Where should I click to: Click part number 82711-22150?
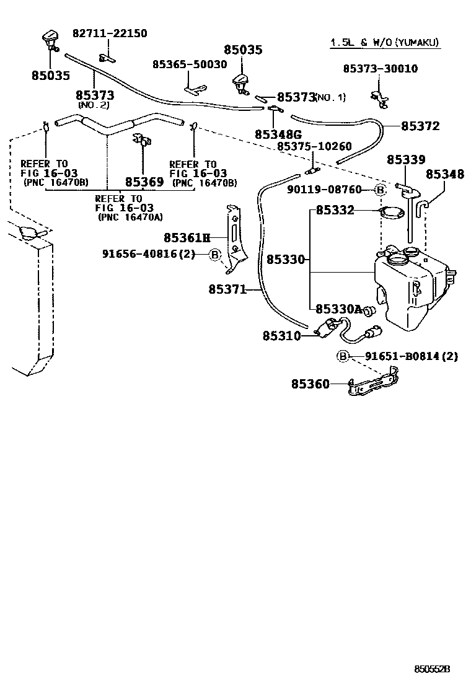click(x=110, y=33)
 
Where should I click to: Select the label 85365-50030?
click(x=190, y=64)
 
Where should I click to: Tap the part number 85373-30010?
click(x=380, y=69)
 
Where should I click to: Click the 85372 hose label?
click(x=420, y=126)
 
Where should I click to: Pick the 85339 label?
click(x=406, y=159)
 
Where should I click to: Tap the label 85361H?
click(x=187, y=237)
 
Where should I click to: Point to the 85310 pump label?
click(x=281, y=336)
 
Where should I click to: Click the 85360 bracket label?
click(x=310, y=384)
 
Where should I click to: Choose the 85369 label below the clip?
click(x=144, y=182)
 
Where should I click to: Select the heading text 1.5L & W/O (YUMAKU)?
click(x=384, y=43)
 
